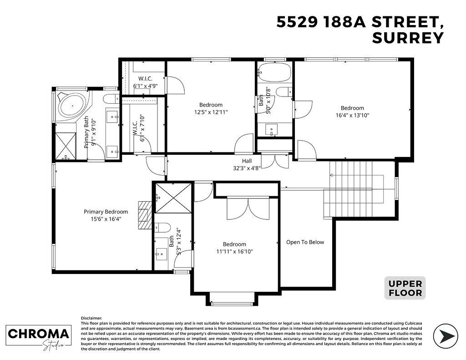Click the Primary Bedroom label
tap(106, 212)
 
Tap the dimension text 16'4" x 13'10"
tap(352, 115)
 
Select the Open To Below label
tap(305, 242)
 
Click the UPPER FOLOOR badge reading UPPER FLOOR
tap(405, 288)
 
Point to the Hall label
tap(247, 161)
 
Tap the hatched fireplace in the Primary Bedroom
tap(145, 215)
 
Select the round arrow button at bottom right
tap(446, 336)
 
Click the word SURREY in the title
tap(408, 38)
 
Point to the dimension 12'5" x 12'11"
tap(211, 112)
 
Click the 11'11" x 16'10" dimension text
tap(234, 252)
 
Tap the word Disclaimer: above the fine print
tap(91, 318)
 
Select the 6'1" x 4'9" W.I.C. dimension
tap(145, 86)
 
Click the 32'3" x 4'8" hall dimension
tap(247, 168)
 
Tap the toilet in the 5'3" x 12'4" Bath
tap(162, 228)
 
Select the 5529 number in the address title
tap(297, 22)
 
